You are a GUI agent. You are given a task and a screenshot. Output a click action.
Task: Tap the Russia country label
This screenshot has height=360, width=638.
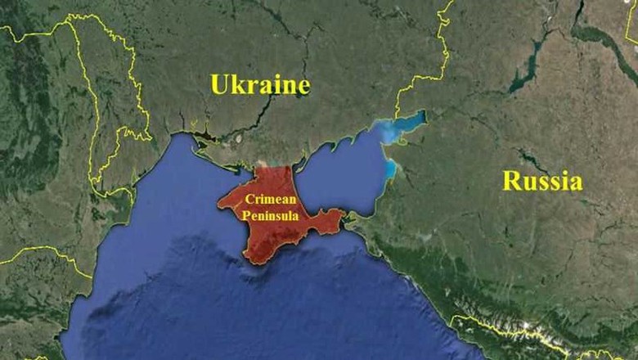click(x=542, y=181)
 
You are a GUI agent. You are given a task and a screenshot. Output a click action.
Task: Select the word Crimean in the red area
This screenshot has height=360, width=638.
click(x=268, y=201)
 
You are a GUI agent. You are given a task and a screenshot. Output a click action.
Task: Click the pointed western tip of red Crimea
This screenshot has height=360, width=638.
click(x=218, y=200)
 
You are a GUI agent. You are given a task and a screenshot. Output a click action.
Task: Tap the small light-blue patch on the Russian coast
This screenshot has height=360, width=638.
click(x=390, y=169)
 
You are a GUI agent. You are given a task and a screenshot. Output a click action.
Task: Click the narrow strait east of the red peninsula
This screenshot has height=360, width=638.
click(x=349, y=218)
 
